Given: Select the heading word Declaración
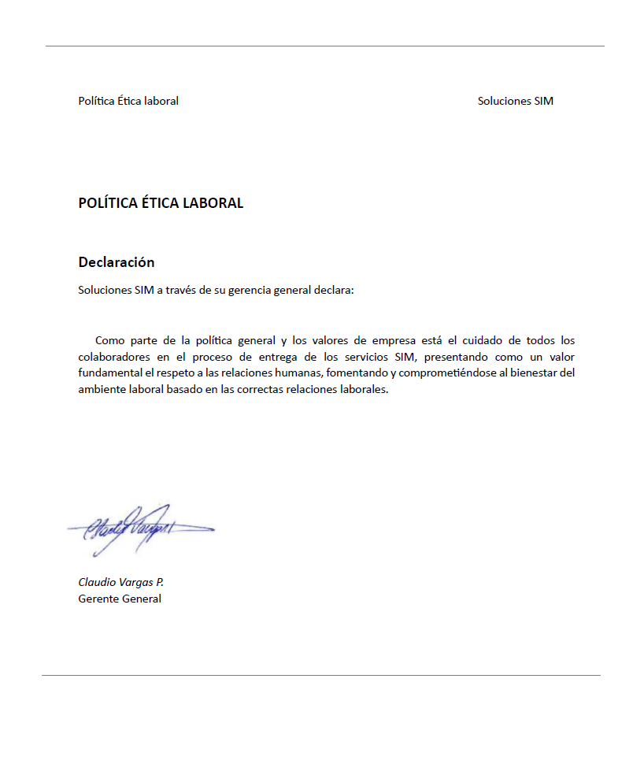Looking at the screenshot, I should (117, 262).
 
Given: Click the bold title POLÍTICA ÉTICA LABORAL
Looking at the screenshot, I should (161, 203).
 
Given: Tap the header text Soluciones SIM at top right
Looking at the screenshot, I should (515, 101).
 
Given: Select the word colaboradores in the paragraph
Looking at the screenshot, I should (115, 357).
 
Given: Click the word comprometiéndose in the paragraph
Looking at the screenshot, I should (461, 373).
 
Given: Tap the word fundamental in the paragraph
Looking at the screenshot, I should (112, 373).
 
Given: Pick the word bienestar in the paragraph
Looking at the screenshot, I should (536, 373).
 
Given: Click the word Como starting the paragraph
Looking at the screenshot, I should (109, 340).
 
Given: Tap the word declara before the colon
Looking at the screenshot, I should (334, 290).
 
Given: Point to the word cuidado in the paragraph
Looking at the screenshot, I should (487, 340).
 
